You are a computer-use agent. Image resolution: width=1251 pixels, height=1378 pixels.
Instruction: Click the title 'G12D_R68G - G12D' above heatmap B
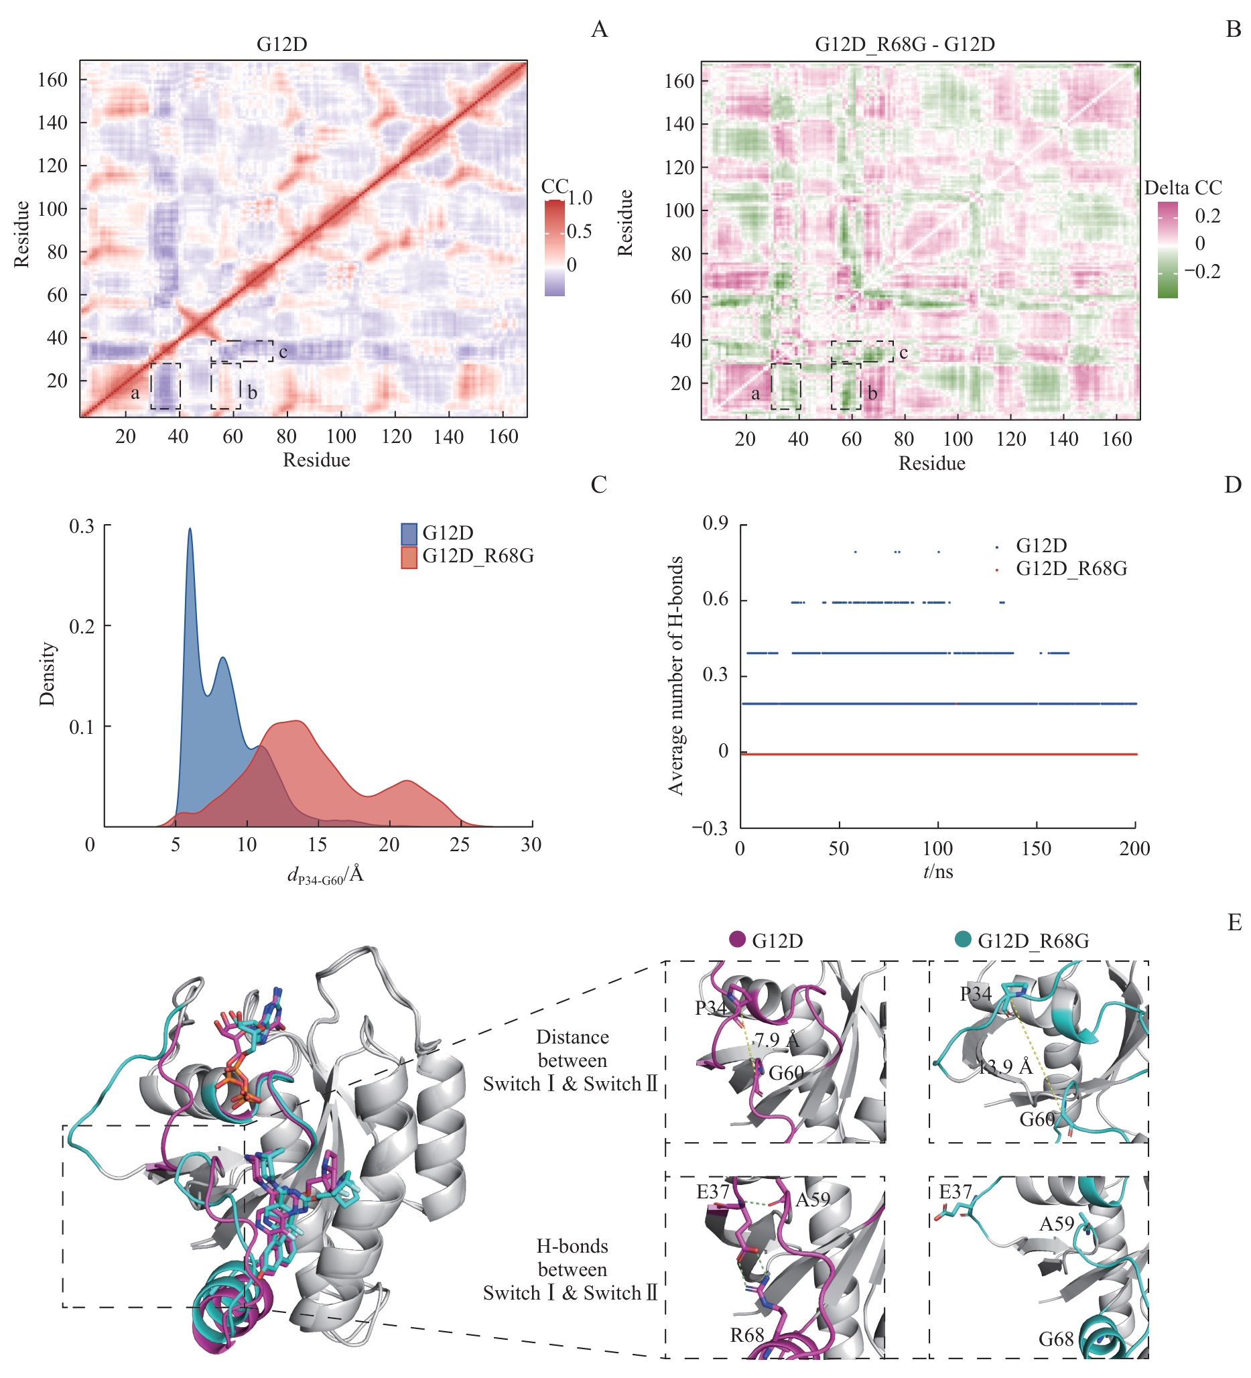click(904, 44)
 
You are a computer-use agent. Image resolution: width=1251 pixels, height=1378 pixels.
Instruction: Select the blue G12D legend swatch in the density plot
click(409, 533)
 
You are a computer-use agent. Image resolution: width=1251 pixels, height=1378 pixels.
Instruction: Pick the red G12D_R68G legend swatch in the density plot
click(409, 556)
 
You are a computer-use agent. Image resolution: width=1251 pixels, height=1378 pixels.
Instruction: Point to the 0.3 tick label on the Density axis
click(82, 526)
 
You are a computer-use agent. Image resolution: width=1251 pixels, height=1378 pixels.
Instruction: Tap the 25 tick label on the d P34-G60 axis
click(460, 845)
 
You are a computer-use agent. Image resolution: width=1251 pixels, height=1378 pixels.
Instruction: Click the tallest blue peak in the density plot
click(189, 529)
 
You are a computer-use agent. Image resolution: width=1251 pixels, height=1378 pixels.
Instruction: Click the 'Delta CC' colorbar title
click(1183, 187)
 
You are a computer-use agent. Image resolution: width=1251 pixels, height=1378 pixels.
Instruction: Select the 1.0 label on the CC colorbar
click(580, 198)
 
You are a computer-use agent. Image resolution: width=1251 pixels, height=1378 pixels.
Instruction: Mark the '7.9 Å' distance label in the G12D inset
click(776, 1040)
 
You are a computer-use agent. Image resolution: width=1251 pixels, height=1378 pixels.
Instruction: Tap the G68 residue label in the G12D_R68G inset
click(1056, 1339)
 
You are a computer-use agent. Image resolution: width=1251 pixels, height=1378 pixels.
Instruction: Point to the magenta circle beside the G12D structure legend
click(737, 939)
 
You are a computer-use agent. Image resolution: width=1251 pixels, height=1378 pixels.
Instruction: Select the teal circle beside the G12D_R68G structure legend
click(963, 939)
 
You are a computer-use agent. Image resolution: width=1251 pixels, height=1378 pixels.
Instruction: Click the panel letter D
click(1232, 485)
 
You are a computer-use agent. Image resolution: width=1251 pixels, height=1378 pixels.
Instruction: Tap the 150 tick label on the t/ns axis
click(1037, 849)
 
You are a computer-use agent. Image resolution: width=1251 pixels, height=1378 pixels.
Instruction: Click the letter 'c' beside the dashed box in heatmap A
click(283, 352)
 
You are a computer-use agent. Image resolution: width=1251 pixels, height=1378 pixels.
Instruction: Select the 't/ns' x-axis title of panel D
click(938, 871)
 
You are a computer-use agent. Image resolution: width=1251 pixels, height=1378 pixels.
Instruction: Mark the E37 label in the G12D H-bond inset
click(713, 1192)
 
